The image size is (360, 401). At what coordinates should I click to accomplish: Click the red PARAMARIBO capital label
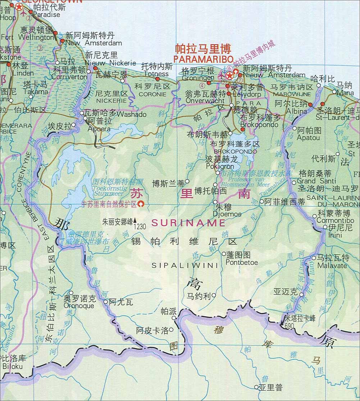(203, 59)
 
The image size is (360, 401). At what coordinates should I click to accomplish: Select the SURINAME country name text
(188, 223)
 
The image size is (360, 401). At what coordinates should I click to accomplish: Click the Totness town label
(156, 74)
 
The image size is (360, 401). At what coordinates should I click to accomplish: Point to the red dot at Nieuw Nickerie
(96, 68)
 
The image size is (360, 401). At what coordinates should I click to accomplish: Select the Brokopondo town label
(259, 125)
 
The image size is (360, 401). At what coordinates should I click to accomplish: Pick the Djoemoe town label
(227, 214)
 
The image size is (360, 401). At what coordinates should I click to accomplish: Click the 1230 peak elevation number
(140, 227)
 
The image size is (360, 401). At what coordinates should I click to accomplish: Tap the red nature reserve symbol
(141, 204)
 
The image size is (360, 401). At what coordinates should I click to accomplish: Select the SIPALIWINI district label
(185, 266)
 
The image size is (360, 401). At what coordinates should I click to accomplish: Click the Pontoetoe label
(242, 262)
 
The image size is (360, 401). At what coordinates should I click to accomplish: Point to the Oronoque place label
(79, 306)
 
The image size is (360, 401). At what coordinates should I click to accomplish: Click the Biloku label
(13, 367)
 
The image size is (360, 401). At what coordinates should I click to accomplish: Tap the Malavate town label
(332, 266)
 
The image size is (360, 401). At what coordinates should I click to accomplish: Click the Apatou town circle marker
(294, 128)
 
